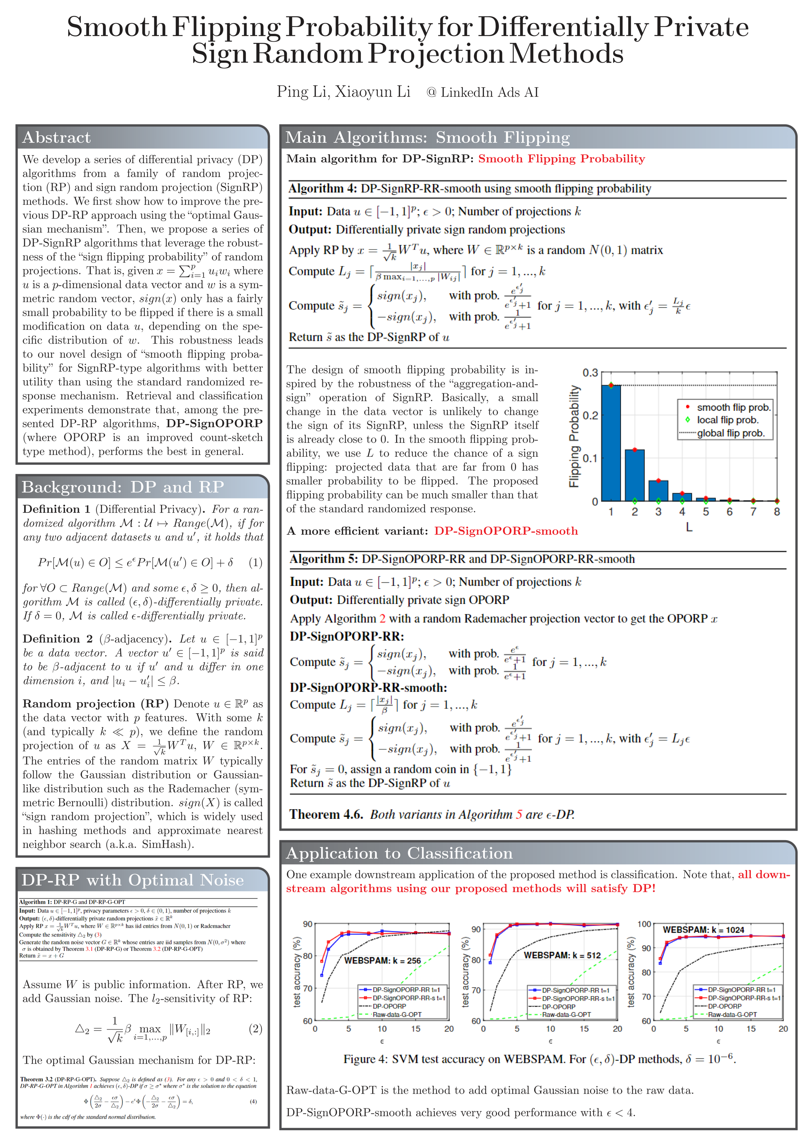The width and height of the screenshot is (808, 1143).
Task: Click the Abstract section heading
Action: pyautogui.click(x=56, y=137)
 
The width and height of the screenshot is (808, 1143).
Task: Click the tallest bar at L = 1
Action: pyautogui.click(x=611, y=443)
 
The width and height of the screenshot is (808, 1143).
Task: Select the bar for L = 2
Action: pyautogui.click(x=634, y=475)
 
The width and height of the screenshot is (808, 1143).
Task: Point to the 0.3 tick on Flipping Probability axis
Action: pyautogui.click(x=590, y=373)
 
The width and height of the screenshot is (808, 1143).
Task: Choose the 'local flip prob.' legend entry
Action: pyautogui.click(x=727, y=420)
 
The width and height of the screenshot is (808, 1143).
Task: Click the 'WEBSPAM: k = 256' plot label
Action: pyautogui.click(x=382, y=960)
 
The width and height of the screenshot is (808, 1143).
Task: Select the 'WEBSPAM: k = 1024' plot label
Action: pyautogui.click(x=703, y=929)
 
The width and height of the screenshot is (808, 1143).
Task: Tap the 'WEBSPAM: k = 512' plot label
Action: pyautogui.click(x=562, y=955)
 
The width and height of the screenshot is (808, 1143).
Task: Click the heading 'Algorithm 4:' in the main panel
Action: pyautogui.click(x=323, y=189)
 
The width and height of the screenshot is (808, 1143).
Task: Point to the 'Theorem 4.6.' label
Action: pyautogui.click(x=326, y=814)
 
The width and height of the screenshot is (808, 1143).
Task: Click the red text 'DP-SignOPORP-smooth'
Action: pyautogui.click(x=506, y=531)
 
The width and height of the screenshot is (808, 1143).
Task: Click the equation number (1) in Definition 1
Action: pyautogui.click(x=255, y=562)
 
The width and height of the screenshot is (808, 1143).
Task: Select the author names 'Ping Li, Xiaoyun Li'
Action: pyautogui.click(x=343, y=92)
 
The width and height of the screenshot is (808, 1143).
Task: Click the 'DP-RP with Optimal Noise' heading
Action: pyautogui.click(x=132, y=880)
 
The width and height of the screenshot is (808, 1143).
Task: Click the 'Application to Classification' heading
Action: pyautogui.click(x=399, y=853)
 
